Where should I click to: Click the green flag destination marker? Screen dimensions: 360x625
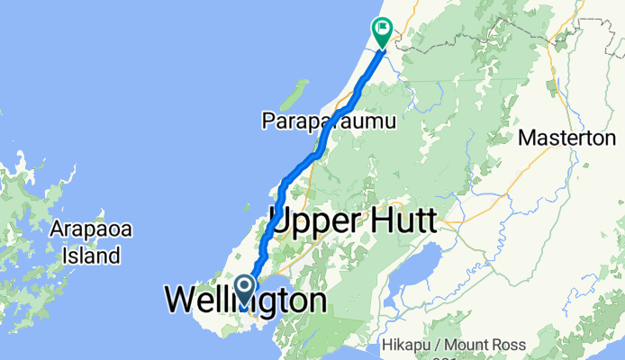[x=383, y=32]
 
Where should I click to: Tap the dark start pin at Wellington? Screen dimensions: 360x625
[x=244, y=290]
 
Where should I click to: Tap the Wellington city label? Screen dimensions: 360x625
[x=245, y=300]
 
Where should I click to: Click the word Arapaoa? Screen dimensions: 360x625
[x=92, y=229]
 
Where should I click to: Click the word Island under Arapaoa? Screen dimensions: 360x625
[x=92, y=256]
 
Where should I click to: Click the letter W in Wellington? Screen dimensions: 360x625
[x=180, y=300]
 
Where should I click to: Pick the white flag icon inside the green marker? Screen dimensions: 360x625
[x=384, y=28]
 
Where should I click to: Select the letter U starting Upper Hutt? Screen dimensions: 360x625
[x=280, y=220]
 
